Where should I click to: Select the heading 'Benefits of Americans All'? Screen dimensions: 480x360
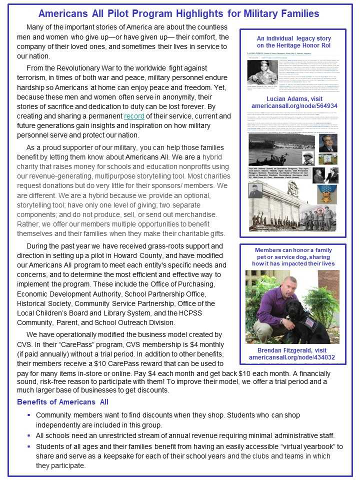62,402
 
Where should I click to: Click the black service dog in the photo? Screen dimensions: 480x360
300,325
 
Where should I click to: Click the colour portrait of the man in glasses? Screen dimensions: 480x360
327,143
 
